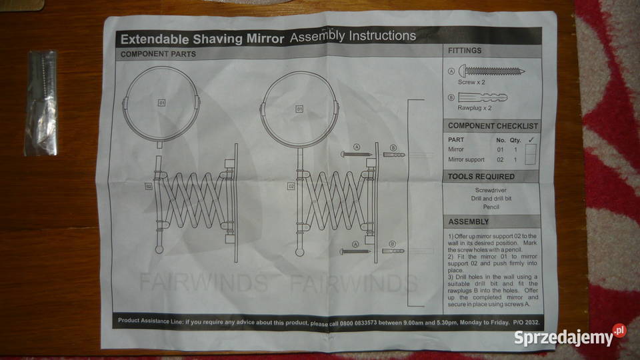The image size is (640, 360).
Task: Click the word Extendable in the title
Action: tap(155, 39)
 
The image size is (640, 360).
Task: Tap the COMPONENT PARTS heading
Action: tap(158, 54)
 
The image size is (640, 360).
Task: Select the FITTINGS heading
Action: tap(465, 51)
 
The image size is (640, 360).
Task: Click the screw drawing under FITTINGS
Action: tap(491, 71)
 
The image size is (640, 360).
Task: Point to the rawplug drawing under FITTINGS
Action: tap(483, 97)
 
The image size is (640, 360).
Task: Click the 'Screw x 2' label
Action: tap(471, 82)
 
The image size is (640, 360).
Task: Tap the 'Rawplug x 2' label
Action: tap(474, 108)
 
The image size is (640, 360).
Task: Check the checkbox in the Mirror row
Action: tap(530, 149)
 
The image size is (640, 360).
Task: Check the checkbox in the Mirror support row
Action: tap(530, 159)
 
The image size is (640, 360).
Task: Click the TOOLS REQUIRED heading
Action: tap(481, 177)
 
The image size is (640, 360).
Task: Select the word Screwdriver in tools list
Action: tap(491, 190)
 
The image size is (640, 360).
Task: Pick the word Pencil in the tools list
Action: tap(491, 207)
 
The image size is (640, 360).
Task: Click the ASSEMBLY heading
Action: tap(468, 221)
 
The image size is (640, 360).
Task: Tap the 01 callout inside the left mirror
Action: tap(161, 103)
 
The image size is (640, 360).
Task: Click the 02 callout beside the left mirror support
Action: tap(149, 187)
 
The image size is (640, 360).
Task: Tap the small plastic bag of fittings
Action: tap(41, 103)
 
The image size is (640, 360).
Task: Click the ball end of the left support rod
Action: tap(159, 249)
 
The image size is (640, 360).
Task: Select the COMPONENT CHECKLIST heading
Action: tap(493, 126)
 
